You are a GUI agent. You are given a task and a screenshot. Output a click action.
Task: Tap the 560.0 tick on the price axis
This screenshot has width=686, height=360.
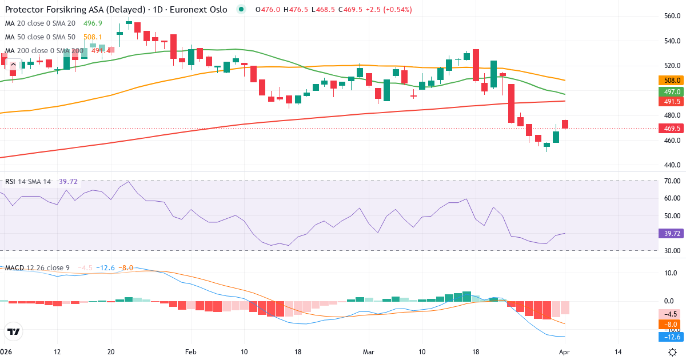(x=671, y=16)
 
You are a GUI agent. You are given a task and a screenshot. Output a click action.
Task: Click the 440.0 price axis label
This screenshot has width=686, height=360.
(x=671, y=165)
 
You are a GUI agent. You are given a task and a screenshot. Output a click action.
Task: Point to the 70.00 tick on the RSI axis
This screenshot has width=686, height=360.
(x=671, y=181)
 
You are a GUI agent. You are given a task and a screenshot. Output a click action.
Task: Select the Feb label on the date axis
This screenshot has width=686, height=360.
(x=191, y=352)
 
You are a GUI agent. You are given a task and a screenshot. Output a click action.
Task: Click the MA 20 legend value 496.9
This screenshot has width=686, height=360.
(x=93, y=23)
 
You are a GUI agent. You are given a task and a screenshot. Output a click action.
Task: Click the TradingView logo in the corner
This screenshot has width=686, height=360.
(x=14, y=331)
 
